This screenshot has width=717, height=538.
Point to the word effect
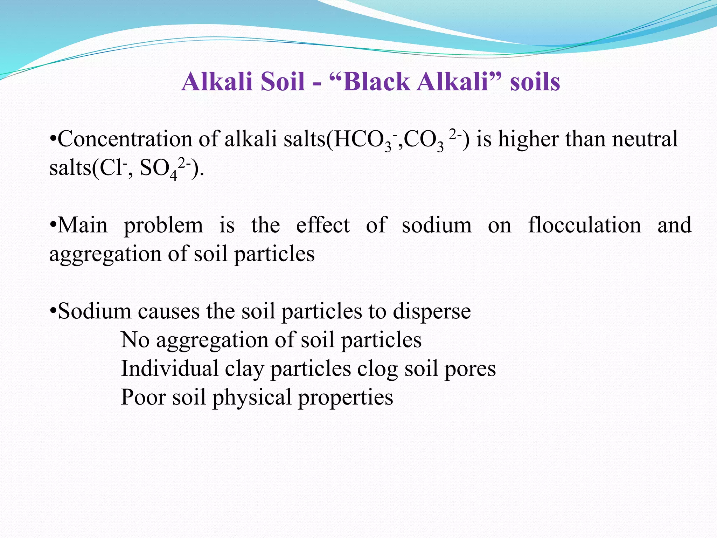coord(323,225)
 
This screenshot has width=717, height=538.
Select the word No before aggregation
coord(135,340)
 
